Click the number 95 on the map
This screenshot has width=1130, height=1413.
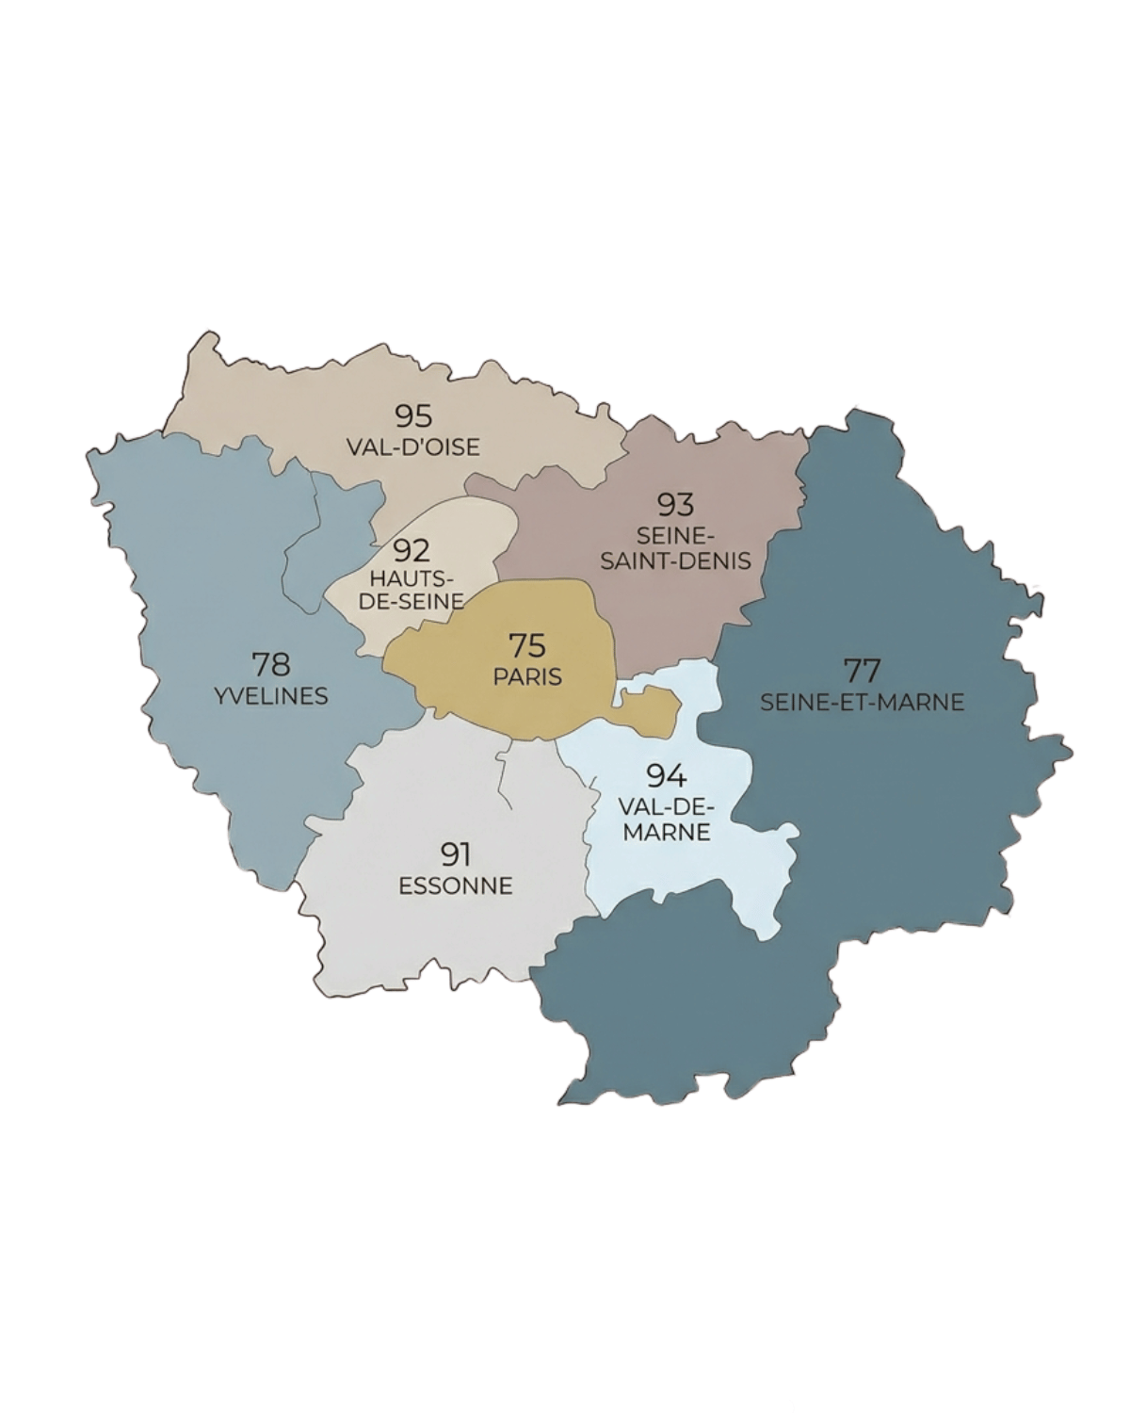click(x=413, y=414)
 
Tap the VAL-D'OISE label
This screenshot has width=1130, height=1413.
click(x=413, y=447)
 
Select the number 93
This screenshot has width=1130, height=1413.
click(x=675, y=505)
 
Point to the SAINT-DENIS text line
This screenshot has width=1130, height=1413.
click(x=675, y=560)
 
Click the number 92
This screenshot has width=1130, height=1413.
click(x=412, y=548)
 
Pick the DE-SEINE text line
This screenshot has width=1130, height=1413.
click(x=412, y=600)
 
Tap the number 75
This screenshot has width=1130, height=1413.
click(x=527, y=646)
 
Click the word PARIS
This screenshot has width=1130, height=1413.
click(x=527, y=676)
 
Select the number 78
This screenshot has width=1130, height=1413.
click(x=271, y=664)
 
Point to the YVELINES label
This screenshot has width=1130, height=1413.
click(x=271, y=696)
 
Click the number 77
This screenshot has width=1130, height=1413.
click(x=862, y=671)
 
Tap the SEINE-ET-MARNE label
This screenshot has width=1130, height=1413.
click(x=862, y=702)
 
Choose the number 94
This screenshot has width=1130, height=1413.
click(x=667, y=776)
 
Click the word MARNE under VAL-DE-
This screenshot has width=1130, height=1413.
click(x=667, y=833)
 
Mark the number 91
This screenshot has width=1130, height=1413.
click(x=456, y=854)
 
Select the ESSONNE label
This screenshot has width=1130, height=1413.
click(x=456, y=886)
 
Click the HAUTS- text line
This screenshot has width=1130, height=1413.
click(x=412, y=577)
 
